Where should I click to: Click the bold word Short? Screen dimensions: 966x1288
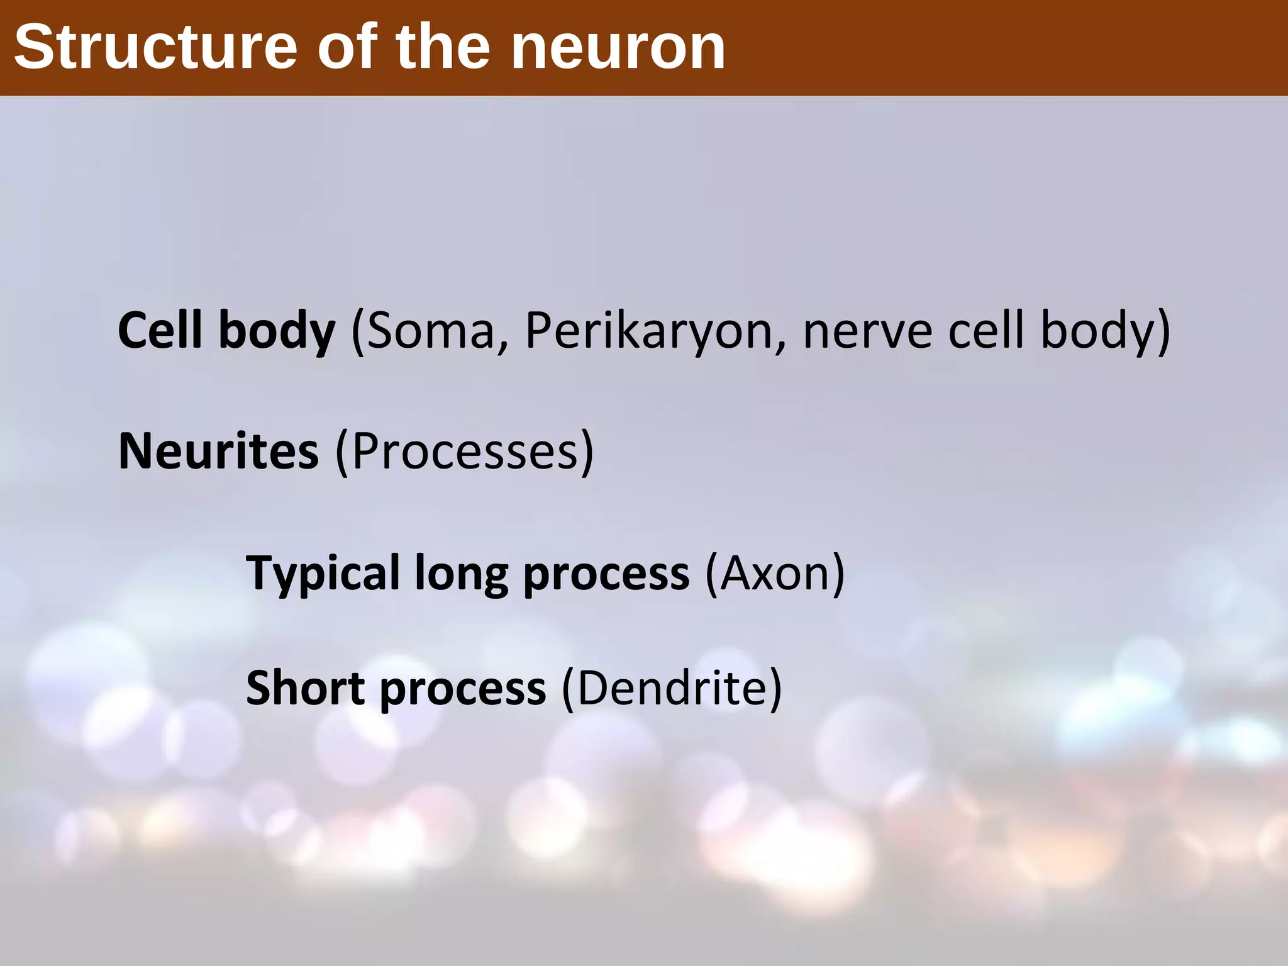pyautogui.click(x=305, y=688)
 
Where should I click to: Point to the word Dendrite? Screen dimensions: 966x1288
pyautogui.click(x=671, y=688)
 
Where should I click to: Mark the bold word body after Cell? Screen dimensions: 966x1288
pyautogui.click(x=277, y=331)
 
